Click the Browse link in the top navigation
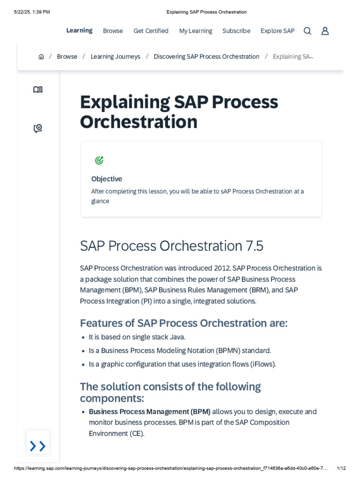click(x=113, y=31)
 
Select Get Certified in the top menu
click(x=151, y=31)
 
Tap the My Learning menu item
click(x=195, y=31)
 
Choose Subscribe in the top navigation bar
click(x=236, y=31)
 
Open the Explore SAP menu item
click(x=277, y=31)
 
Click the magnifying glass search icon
click(x=307, y=31)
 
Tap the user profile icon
click(x=325, y=31)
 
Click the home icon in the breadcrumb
click(x=41, y=57)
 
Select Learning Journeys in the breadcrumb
click(x=115, y=57)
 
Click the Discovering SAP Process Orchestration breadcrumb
click(x=206, y=57)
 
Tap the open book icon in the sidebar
click(x=38, y=90)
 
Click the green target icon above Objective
click(x=99, y=161)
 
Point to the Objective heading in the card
click(x=106, y=179)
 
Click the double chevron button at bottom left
click(x=37, y=446)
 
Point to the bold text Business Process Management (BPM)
click(x=150, y=412)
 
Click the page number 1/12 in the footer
click(x=341, y=468)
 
